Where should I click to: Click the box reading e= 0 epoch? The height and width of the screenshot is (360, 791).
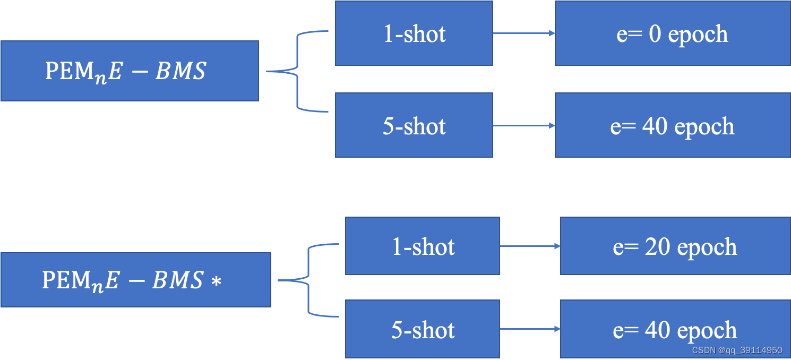672,33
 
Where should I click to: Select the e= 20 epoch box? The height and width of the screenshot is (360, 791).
675,246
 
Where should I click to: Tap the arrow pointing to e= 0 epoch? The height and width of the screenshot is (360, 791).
523,33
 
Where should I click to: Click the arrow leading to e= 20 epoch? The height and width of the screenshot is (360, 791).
530,246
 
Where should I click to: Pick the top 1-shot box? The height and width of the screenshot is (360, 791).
414,33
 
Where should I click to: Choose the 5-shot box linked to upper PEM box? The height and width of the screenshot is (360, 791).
414,126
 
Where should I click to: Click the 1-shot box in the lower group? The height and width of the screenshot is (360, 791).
422,246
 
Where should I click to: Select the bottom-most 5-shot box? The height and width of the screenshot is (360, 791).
422,329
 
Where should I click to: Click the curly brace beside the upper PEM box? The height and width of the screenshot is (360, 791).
297,71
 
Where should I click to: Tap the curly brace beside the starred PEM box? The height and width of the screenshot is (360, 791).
308,280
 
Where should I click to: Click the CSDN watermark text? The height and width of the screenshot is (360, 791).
736,350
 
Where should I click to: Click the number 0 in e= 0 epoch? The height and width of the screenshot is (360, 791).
655,34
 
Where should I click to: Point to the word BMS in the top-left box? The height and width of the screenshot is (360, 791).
180,71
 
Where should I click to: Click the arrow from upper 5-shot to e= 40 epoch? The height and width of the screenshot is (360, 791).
523,126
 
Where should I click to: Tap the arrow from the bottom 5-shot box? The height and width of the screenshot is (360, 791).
530,329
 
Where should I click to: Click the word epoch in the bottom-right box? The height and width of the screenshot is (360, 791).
707,331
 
